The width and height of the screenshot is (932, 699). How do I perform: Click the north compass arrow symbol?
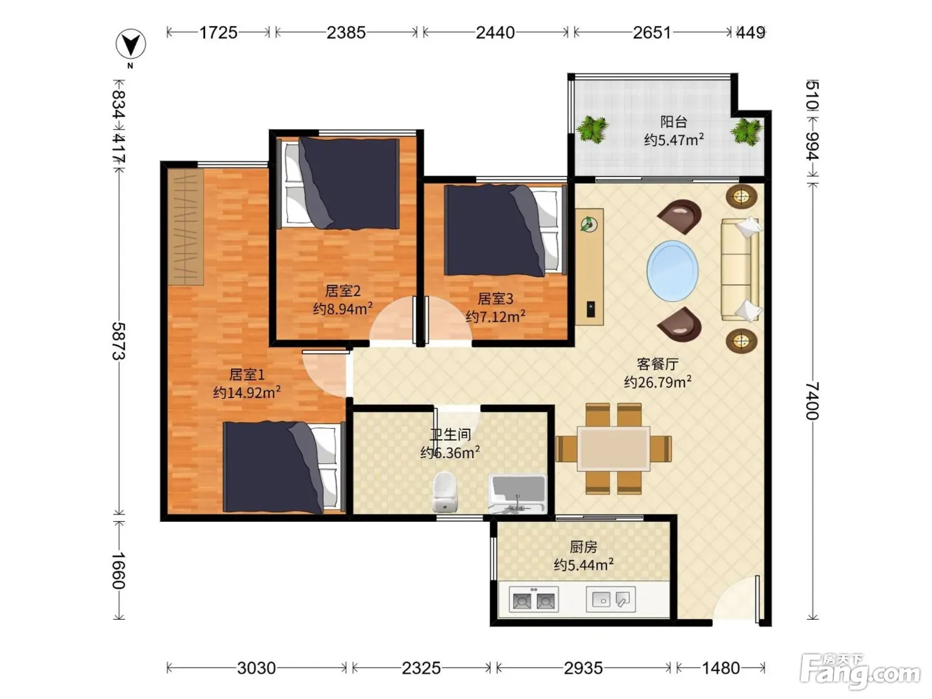(130, 44)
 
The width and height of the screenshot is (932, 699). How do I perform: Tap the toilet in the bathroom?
(445, 492)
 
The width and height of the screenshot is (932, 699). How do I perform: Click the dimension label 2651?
(652, 33)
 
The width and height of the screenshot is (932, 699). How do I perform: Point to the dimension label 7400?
(812, 401)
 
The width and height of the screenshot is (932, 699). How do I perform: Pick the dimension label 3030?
(256, 668)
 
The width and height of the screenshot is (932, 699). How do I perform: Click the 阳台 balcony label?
(674, 122)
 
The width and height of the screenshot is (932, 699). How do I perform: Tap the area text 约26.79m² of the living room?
(657, 382)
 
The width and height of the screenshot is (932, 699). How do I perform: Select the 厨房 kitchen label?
(583, 547)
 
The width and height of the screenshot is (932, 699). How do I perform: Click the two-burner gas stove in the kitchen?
(534, 600)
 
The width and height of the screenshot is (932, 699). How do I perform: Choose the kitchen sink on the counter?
(610, 599)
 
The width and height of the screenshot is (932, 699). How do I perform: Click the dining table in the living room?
(614, 449)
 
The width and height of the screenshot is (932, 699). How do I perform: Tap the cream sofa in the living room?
(741, 269)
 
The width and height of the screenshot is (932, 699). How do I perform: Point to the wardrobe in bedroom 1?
(186, 227)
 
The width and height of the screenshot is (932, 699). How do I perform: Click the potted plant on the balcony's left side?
(592, 128)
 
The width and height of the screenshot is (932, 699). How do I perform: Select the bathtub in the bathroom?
(517, 494)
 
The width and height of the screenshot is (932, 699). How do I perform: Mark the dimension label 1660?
(118, 571)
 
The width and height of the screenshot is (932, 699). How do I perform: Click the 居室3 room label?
(495, 299)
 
